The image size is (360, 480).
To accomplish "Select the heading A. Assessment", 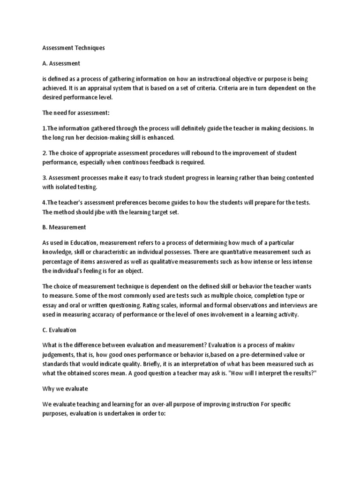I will (x=61, y=63).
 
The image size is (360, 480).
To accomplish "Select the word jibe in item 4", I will (x=102, y=211).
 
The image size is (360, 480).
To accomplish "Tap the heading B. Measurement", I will (x=64, y=227).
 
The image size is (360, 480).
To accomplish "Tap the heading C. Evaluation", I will (x=59, y=330).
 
